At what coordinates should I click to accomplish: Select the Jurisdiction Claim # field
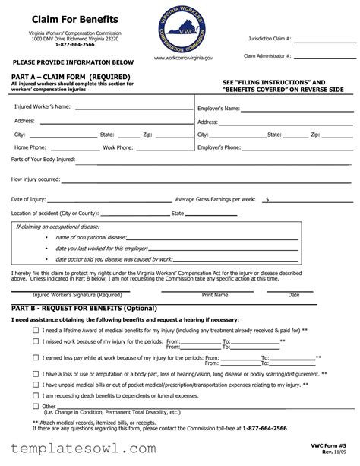(x=325, y=39)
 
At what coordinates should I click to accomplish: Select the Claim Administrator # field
(x=325, y=56)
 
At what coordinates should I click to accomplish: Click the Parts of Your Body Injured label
(x=43, y=160)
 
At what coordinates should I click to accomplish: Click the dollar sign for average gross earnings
(x=267, y=199)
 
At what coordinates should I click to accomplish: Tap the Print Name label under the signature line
(x=215, y=295)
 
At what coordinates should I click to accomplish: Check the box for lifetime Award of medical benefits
(x=36, y=331)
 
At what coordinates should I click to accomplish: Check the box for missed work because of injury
(x=36, y=342)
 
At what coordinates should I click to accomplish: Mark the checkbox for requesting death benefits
(x=36, y=396)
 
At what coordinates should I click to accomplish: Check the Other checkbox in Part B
(x=36, y=407)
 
